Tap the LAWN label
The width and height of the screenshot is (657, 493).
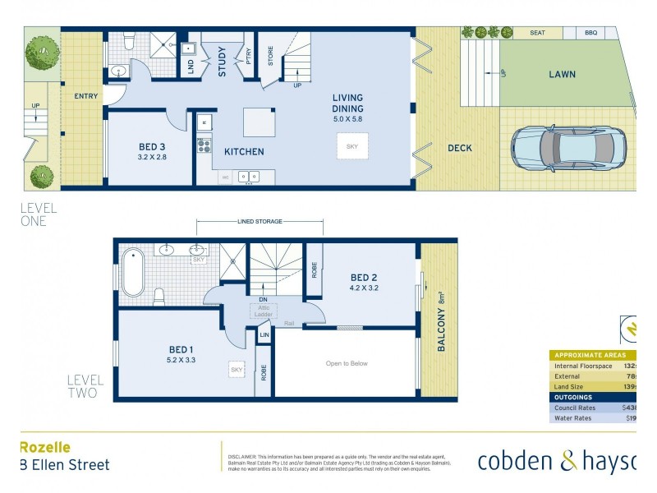point(562,74)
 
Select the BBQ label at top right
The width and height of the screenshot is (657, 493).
point(590,33)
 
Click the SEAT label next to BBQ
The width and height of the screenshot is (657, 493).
point(537,33)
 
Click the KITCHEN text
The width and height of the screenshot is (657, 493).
point(244,151)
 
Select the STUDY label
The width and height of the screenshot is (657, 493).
point(222,62)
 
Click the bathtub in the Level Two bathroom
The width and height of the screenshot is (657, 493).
point(133,274)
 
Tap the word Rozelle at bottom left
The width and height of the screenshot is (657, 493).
point(44,447)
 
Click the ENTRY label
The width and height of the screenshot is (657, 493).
point(85,96)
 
